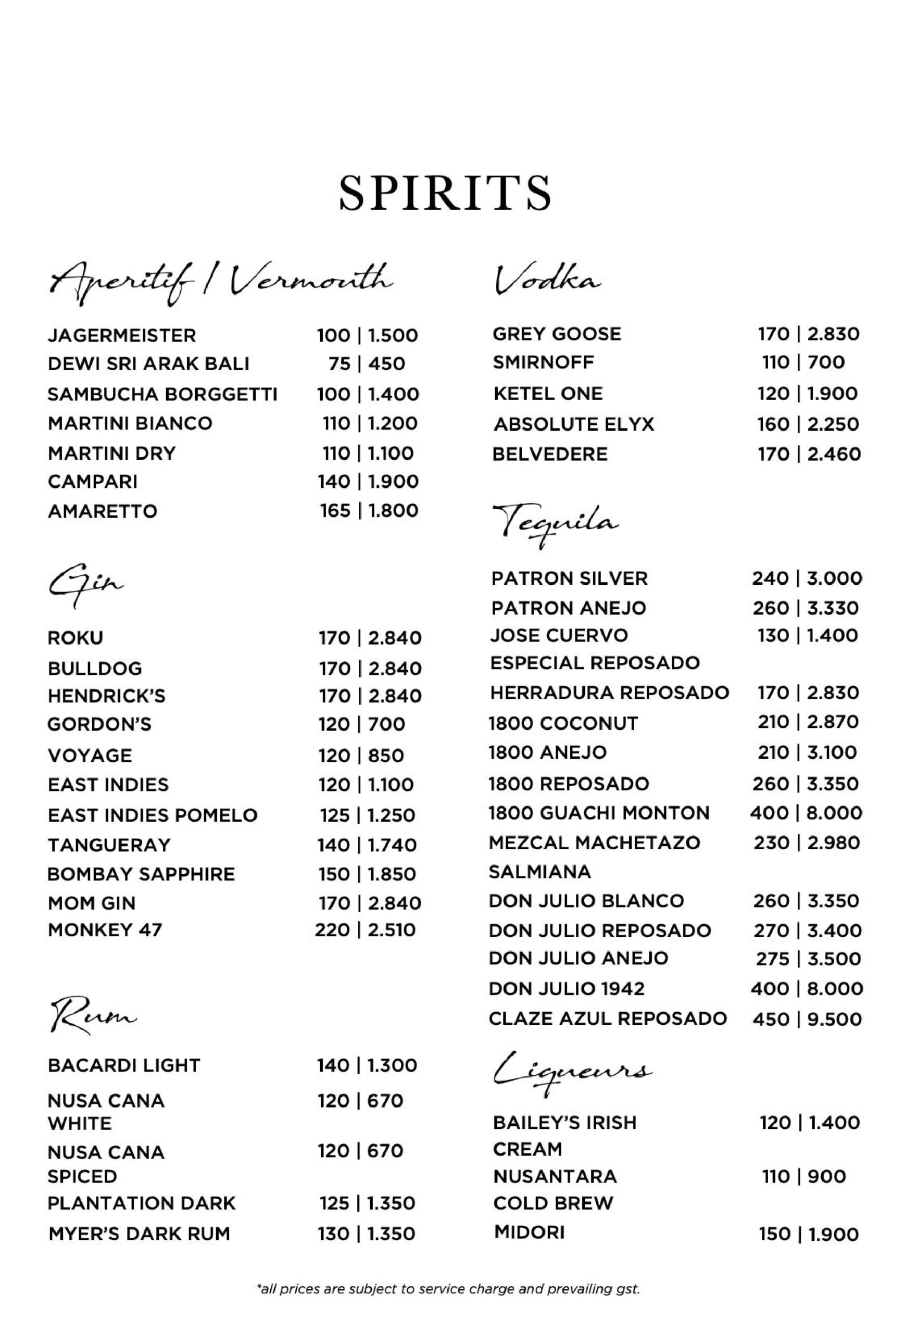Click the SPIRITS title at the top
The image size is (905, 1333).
pyautogui.click(x=445, y=192)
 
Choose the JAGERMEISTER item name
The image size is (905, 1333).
pyautogui.click(x=121, y=335)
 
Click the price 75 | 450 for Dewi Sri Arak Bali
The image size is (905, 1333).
pyautogui.click(x=367, y=363)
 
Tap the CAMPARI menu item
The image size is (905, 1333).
pyautogui.click(x=93, y=481)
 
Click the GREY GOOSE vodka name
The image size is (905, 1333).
pyautogui.click(x=556, y=334)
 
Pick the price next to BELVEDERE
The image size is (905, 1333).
pyautogui.click(x=809, y=454)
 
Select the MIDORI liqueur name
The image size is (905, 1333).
pyautogui.click(x=529, y=1232)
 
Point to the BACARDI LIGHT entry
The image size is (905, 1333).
pyautogui.click(x=124, y=1065)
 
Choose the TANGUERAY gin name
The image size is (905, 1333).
pyautogui.click(x=109, y=845)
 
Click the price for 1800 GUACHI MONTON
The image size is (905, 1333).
pyautogui.click(x=806, y=813)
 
